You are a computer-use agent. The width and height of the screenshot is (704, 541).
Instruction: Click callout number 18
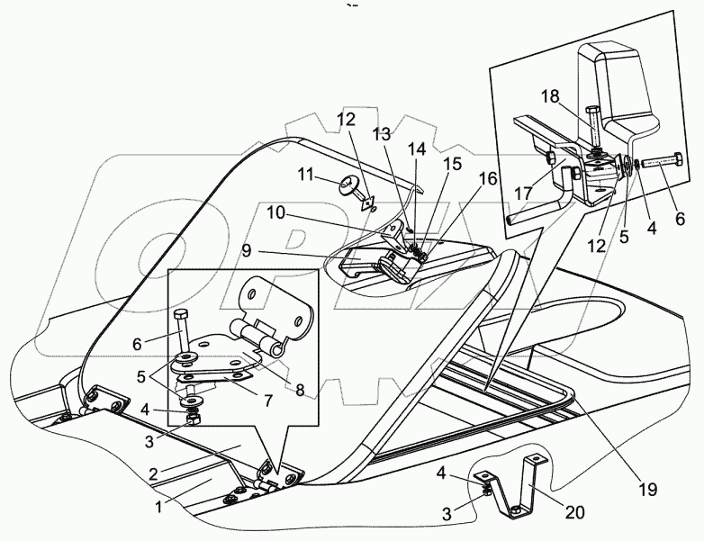[x=551, y=96]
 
